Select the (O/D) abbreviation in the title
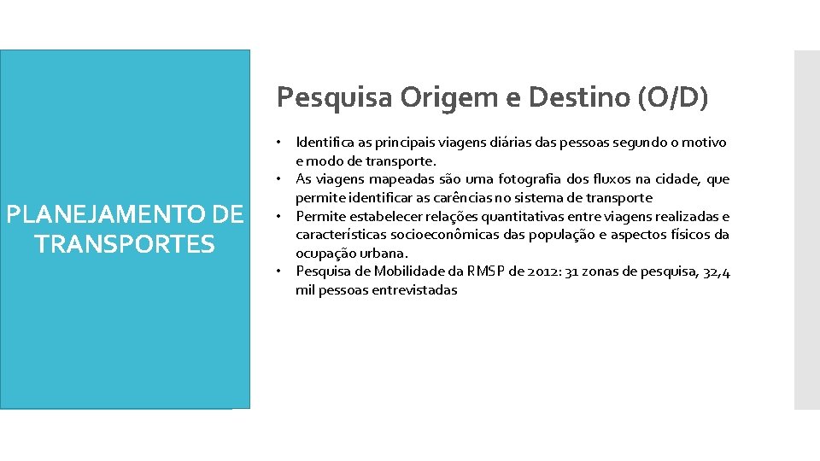pos(673,97)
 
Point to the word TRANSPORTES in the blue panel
pos(125,245)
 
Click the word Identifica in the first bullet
pos(324,143)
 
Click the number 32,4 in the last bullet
pos(716,271)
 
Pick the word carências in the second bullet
pos(448,198)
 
